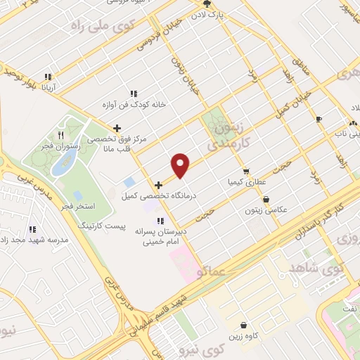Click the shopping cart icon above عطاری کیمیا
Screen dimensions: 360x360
[x=245, y=171]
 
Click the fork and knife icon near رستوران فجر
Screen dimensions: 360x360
[x=61, y=135]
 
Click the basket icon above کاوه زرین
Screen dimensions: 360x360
[x=243, y=326]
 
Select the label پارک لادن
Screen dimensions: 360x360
[x=211, y=15]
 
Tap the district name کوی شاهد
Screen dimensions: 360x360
[x=312, y=266]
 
